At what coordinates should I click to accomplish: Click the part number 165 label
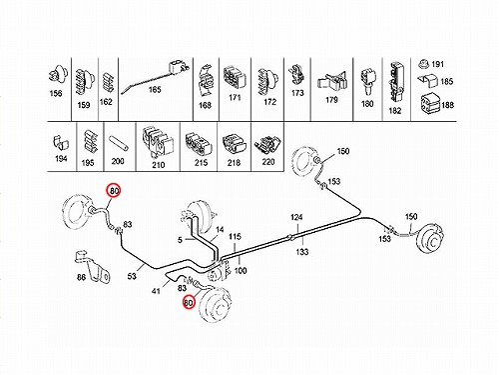[x=155, y=89]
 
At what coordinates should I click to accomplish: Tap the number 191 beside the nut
[x=437, y=64]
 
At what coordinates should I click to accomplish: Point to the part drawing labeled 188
[x=430, y=103]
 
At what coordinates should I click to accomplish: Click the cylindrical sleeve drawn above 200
[x=118, y=143]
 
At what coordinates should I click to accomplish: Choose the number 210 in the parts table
[x=158, y=165]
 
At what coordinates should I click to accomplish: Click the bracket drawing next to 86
[x=93, y=266]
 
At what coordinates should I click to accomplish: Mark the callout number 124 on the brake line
[x=296, y=218]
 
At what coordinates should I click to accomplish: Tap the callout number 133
[x=302, y=252]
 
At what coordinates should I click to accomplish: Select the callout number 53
[x=132, y=276]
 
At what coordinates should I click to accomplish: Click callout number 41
[x=156, y=291]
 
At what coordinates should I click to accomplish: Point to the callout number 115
[x=235, y=237]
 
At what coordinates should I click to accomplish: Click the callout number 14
[x=220, y=230]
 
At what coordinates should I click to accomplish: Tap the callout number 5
[x=180, y=240]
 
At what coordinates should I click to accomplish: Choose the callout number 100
[x=241, y=270]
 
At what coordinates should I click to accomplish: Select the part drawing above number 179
[x=332, y=83]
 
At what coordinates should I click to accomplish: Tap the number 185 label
[x=447, y=81]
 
